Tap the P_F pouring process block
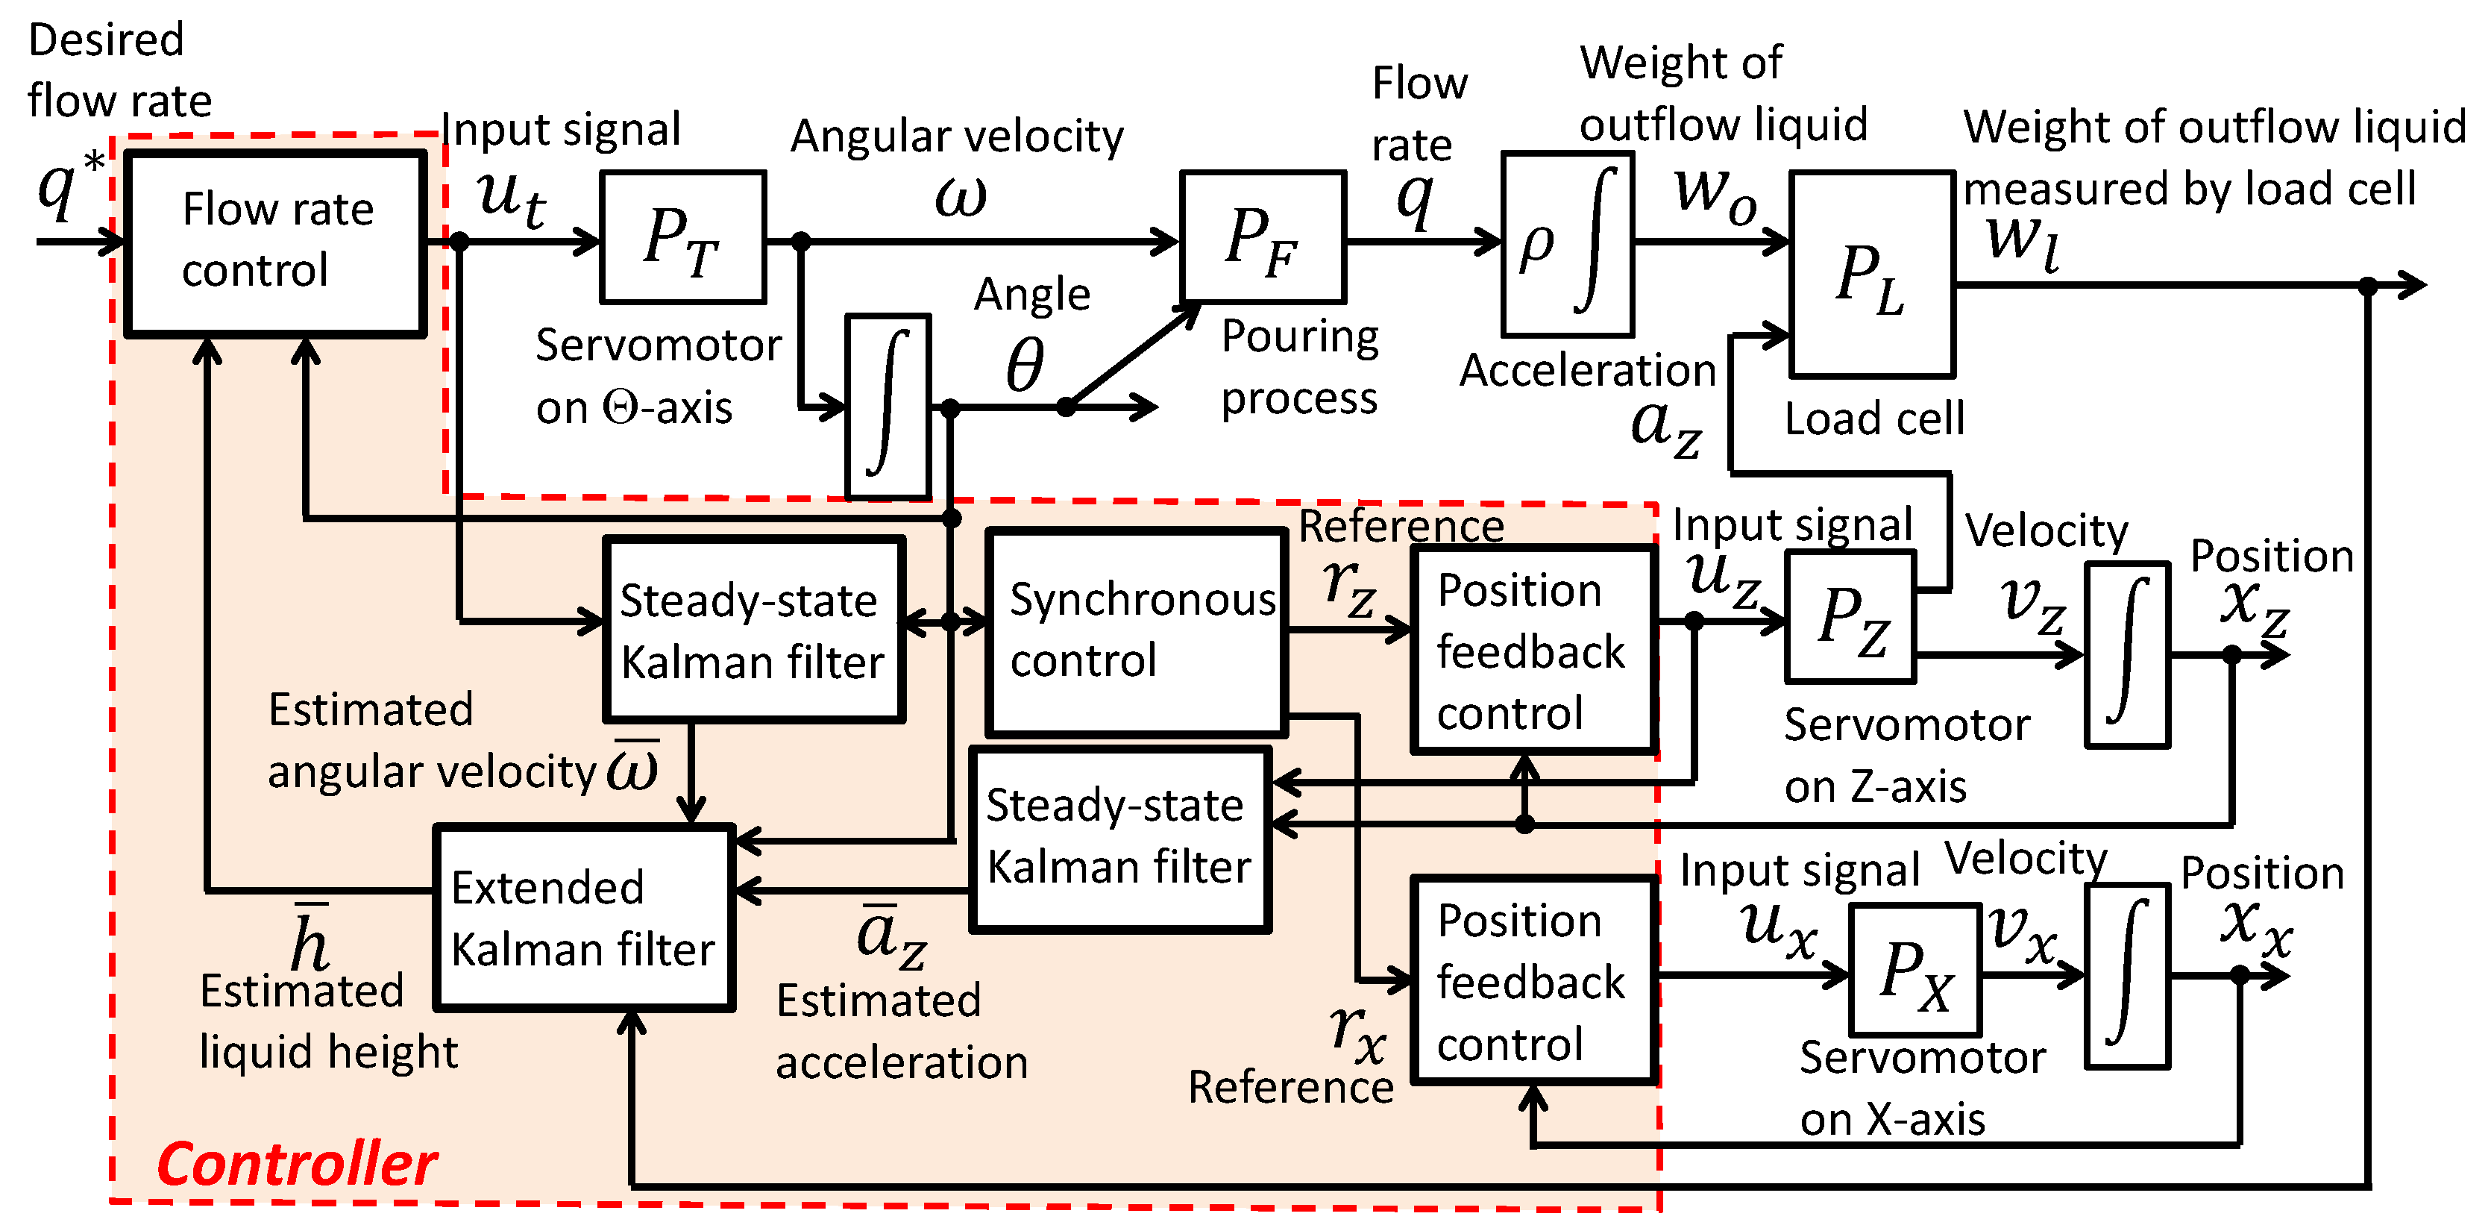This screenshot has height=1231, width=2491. tap(1263, 237)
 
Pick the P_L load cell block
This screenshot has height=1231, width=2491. tap(1872, 274)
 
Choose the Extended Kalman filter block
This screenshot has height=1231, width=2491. tap(584, 918)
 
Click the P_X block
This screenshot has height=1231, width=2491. tap(1914, 970)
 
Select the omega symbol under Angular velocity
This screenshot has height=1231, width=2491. tap(961, 196)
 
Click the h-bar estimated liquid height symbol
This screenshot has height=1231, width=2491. tap(312, 936)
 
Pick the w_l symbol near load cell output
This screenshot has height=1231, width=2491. tap(2023, 244)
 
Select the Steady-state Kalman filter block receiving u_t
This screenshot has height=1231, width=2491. tap(754, 630)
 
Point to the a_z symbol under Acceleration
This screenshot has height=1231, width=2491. tap(1665, 428)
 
